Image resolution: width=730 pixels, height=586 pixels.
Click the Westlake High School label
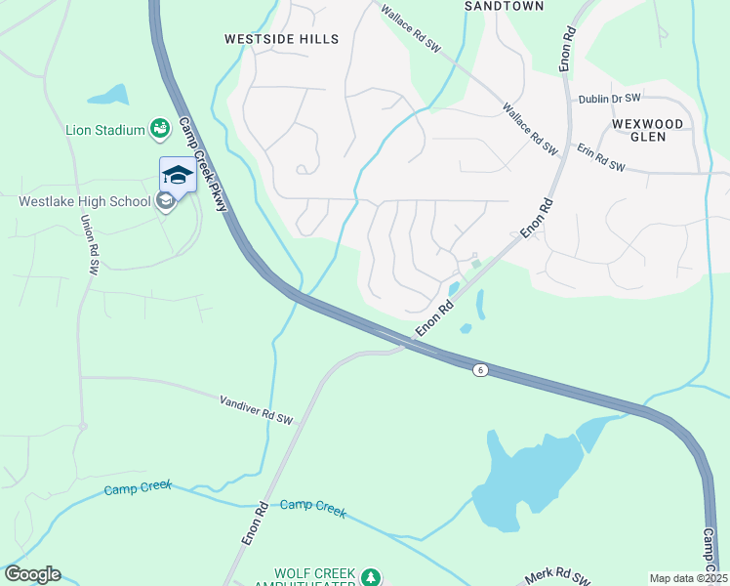tap(85, 202)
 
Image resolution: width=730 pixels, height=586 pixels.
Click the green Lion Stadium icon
tap(157, 128)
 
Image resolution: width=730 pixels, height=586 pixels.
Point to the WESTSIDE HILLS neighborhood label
tap(281, 39)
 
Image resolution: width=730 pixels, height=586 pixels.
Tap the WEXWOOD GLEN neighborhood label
tap(652, 131)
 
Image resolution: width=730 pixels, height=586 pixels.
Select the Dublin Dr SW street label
tap(609, 99)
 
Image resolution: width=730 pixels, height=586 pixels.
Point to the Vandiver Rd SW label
tap(256, 410)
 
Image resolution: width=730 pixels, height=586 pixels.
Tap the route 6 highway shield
tap(479, 369)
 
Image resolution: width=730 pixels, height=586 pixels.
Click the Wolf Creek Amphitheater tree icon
tap(371, 577)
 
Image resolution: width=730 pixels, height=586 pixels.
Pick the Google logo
tap(32, 574)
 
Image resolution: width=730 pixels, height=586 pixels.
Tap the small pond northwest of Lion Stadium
tap(108, 96)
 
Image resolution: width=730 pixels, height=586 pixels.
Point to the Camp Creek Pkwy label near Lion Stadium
tap(203, 164)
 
